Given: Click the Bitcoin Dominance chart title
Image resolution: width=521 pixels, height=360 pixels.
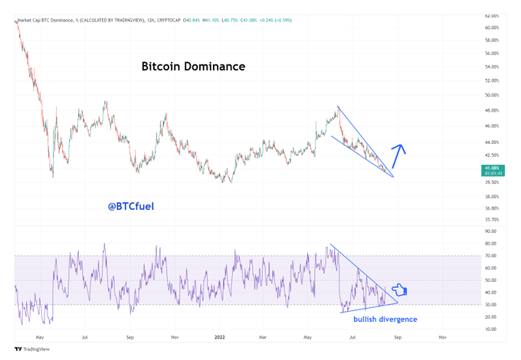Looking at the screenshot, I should coord(193,67).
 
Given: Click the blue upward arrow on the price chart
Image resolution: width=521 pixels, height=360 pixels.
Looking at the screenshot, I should coord(398,155).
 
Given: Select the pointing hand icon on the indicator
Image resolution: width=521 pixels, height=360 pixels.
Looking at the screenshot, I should coord(399,290).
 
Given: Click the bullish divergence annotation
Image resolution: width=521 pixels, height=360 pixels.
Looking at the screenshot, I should coord(385,319).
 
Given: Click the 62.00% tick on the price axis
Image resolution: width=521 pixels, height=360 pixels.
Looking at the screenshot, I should coord(493,15).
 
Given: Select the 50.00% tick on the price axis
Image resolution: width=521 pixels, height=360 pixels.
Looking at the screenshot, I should coord(493,95).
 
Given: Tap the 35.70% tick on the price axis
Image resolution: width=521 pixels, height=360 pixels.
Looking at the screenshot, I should coord(493,219).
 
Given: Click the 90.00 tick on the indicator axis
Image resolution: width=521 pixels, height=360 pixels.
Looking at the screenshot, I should coord(490,231).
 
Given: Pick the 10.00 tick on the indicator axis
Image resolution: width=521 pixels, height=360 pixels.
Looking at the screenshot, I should coord(490,329).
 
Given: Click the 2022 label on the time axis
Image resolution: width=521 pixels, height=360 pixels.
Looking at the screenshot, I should coord(220,336).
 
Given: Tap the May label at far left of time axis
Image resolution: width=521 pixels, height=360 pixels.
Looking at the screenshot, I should coord(40,336).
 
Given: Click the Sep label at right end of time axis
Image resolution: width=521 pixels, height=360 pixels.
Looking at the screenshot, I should coord(398,336).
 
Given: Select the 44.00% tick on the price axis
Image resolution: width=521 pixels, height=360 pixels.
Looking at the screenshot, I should coord(493,142).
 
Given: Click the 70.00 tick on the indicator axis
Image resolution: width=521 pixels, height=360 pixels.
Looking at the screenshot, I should coord(490,255).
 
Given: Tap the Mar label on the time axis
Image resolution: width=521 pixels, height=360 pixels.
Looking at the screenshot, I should coord(264,336).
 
